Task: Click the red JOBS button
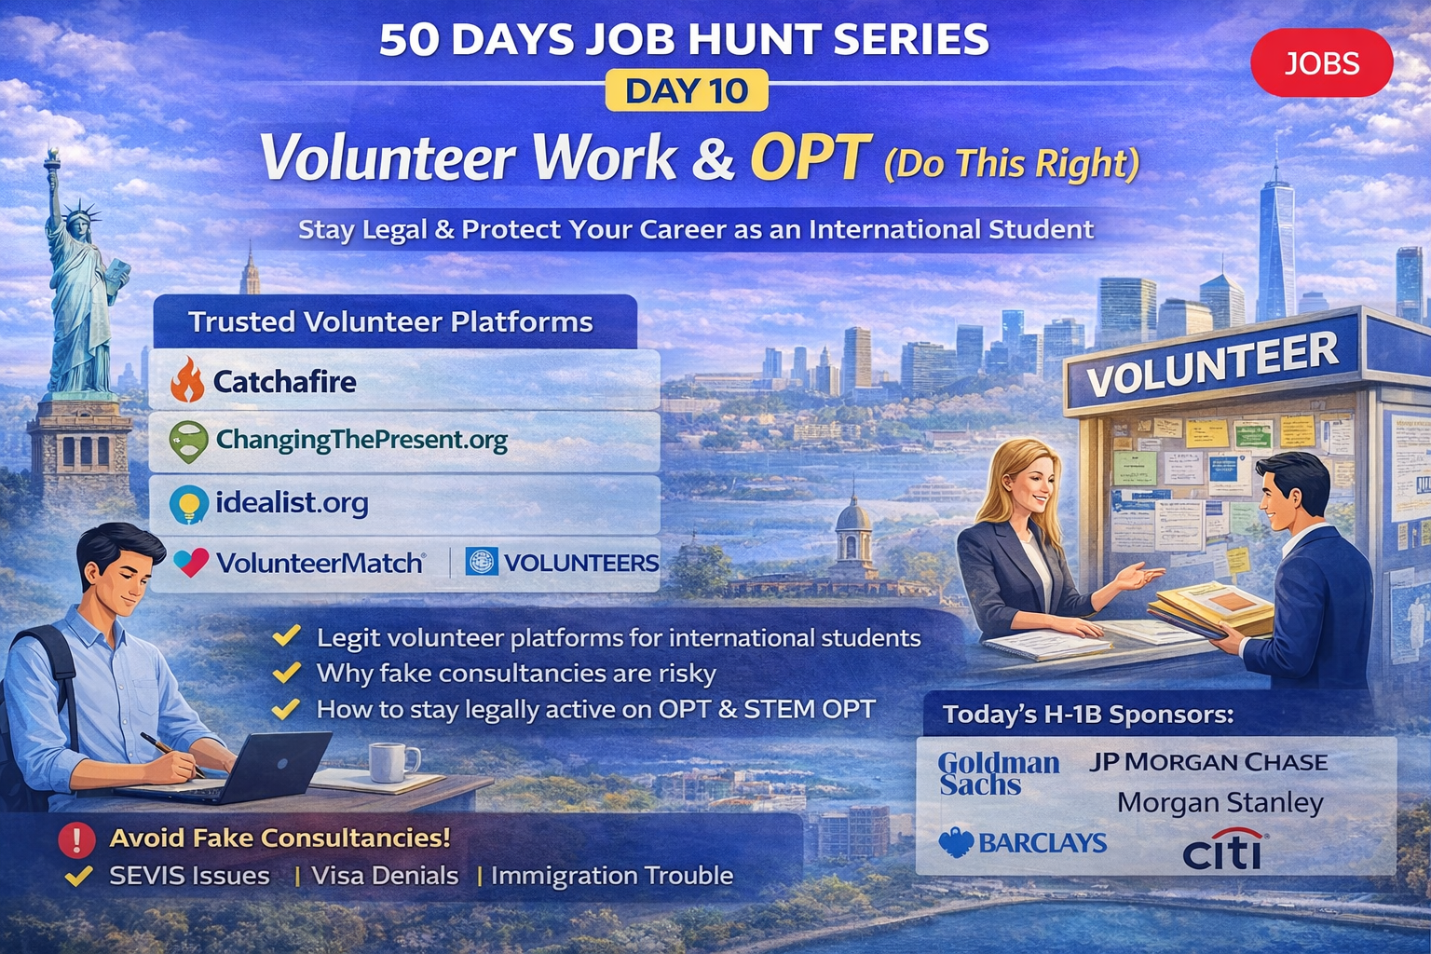[x=1322, y=62]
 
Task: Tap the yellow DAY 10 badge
[x=687, y=90]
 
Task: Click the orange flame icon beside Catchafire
[x=188, y=379]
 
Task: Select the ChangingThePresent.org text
[x=361, y=440]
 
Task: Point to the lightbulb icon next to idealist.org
[x=188, y=504]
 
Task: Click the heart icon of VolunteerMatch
[x=191, y=563]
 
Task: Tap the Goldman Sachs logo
[x=999, y=774]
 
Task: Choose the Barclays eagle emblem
[x=957, y=843]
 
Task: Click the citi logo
[x=1222, y=850]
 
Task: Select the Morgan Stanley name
[x=1220, y=803]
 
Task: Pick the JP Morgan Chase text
[x=1208, y=762]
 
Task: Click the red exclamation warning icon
[x=76, y=839]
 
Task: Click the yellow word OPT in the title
[x=810, y=157]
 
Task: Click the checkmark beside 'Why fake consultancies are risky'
[x=286, y=673]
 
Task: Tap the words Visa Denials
[x=385, y=876]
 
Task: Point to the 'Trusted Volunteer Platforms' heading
[x=390, y=322]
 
